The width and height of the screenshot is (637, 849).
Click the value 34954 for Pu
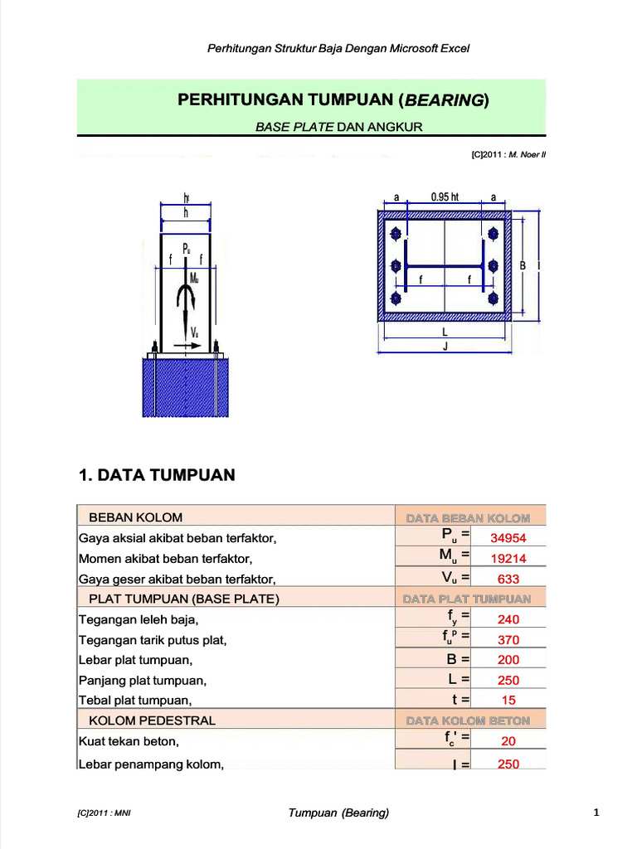pyautogui.click(x=508, y=538)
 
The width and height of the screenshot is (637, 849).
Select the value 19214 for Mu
pyautogui.click(x=508, y=559)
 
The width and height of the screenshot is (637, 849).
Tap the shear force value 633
pyautogui.click(x=508, y=579)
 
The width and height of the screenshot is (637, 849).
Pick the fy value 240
pyautogui.click(x=508, y=619)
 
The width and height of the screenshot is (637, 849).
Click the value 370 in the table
pyautogui.click(x=508, y=640)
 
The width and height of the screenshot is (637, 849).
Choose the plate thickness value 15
pyautogui.click(x=508, y=700)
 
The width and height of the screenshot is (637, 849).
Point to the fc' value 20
pyautogui.click(x=508, y=741)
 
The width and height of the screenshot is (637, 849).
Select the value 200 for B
pyautogui.click(x=508, y=660)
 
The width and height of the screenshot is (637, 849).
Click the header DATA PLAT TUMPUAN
pyautogui.click(x=467, y=599)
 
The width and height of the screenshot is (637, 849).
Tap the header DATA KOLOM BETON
pyautogui.click(x=467, y=720)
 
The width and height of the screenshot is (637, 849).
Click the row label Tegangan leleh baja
pyautogui.click(x=139, y=619)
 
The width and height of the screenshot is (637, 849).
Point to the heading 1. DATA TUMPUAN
pyautogui.click(x=157, y=475)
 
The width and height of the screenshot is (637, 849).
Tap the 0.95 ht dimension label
pyautogui.click(x=445, y=197)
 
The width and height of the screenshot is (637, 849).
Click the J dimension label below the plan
pyautogui.click(x=445, y=347)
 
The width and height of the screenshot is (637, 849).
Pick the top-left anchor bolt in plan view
pyautogui.click(x=396, y=233)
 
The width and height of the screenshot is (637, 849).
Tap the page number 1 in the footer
pyautogui.click(x=596, y=813)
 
